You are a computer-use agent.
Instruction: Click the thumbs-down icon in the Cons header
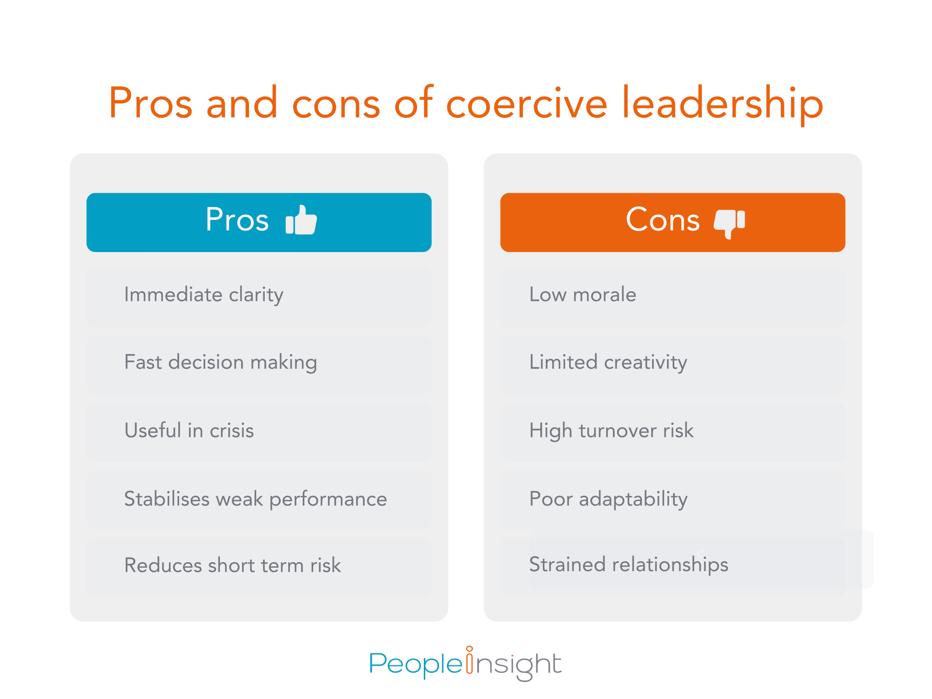pos(729,222)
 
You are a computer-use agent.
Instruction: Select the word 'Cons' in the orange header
pos(662,220)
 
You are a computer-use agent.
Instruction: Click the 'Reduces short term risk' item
pos(232,565)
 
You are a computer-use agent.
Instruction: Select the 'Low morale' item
pos(582,295)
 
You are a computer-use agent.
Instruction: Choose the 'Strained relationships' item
pos(628,565)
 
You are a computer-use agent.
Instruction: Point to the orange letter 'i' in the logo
pos(469,660)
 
